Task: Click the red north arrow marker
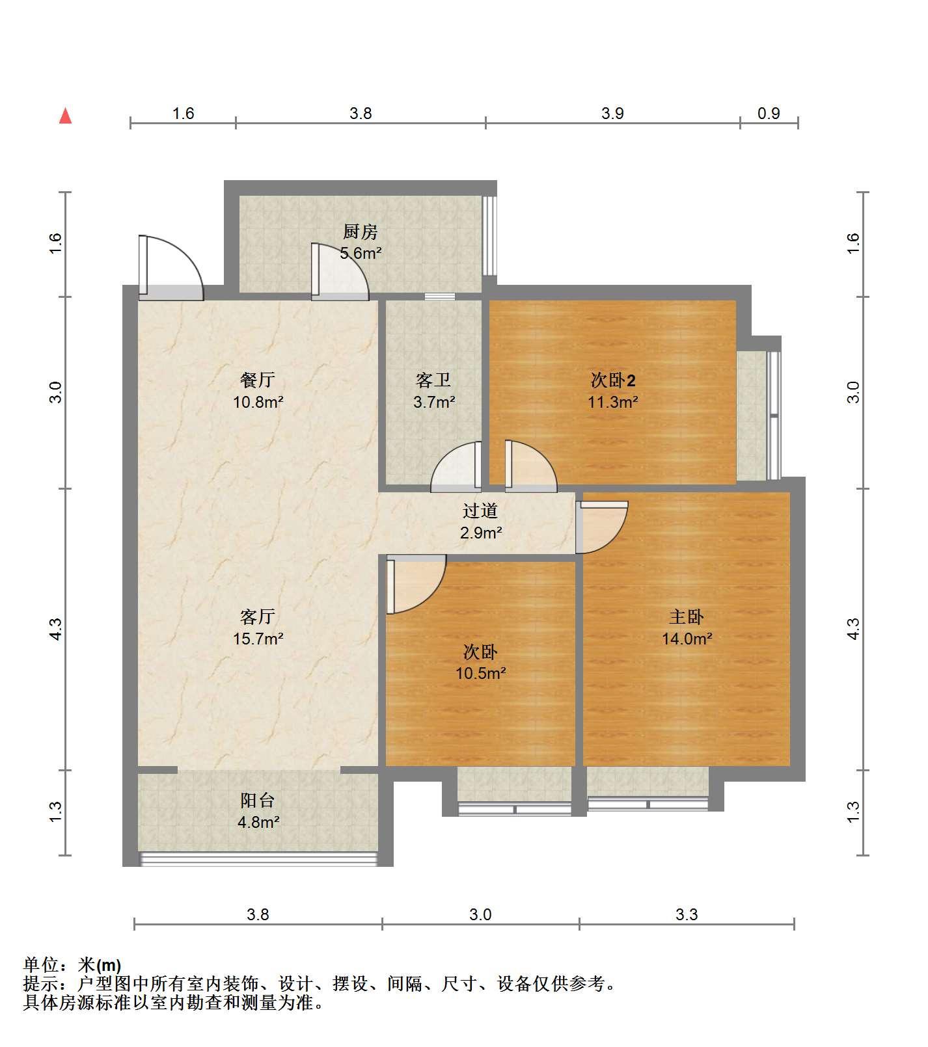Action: (65, 116)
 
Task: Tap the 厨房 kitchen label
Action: (361, 232)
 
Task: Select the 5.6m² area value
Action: (361, 253)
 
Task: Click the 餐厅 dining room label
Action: (258, 379)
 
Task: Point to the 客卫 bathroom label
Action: (433, 380)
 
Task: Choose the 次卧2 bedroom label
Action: (612, 379)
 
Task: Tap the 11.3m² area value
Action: (612, 401)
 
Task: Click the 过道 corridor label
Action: (480, 511)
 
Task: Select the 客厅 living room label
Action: (258, 616)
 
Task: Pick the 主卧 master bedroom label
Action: (687, 616)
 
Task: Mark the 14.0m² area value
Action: (687, 638)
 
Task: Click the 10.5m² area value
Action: (480, 672)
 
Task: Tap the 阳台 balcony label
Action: (258, 800)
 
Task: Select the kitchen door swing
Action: (340, 271)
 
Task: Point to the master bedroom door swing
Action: (602, 527)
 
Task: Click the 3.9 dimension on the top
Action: (612, 113)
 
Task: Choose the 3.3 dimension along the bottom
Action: (687, 914)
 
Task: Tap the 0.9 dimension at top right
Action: (769, 113)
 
